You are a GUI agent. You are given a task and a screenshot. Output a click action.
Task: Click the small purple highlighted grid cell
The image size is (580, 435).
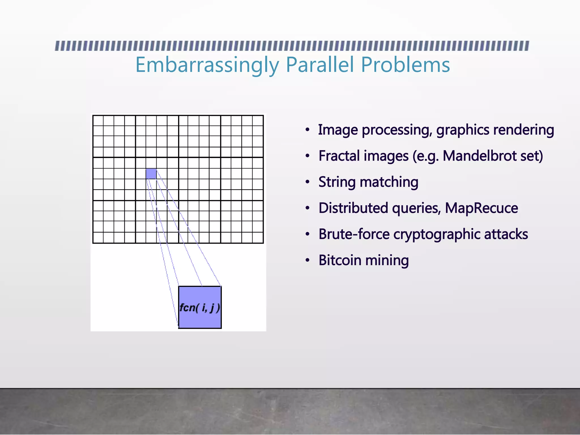pyautogui.click(x=151, y=174)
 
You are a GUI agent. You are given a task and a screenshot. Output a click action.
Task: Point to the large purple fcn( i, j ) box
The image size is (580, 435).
pyautogui.click(x=200, y=307)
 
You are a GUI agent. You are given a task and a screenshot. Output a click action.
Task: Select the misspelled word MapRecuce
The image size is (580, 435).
pyautogui.click(x=481, y=208)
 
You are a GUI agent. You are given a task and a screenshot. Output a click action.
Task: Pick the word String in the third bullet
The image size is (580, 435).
pyautogui.click(x=337, y=182)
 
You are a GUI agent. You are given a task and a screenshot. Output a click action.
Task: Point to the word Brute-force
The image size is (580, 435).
pyautogui.click(x=354, y=234)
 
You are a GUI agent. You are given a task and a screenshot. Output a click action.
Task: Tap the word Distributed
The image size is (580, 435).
pyautogui.click(x=353, y=208)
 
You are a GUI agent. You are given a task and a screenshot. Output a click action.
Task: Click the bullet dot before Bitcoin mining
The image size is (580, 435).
pyautogui.click(x=308, y=261)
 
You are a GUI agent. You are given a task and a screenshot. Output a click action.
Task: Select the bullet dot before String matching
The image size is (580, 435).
pyautogui.click(x=308, y=182)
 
